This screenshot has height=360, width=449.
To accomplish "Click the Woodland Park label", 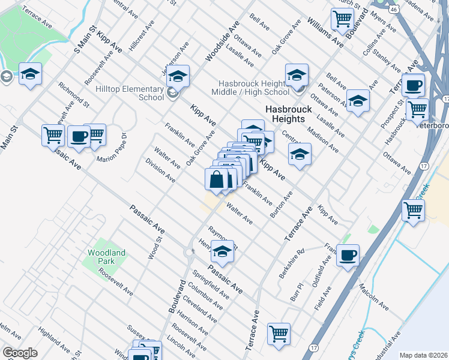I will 106,257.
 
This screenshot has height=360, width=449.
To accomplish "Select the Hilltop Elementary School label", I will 130,93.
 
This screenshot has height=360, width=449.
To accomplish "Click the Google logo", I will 20,353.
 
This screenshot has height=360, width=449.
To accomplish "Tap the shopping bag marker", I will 217,179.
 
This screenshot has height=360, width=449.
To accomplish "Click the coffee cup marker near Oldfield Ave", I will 348,255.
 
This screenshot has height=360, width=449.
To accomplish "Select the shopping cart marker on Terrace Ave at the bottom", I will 279,334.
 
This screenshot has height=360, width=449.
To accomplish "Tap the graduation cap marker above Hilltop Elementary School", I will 178,76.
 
